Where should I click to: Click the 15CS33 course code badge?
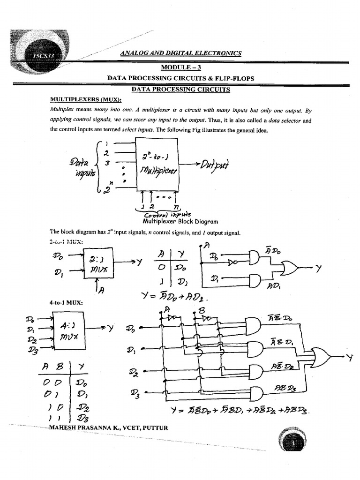[x=43, y=56]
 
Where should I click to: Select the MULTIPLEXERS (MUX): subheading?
[x=85, y=99]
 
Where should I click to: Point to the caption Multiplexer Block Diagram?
[x=177, y=222]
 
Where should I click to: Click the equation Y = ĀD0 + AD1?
[x=174, y=298]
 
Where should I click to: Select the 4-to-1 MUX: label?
[x=66, y=303]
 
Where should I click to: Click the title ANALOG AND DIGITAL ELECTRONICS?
[x=180, y=53]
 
